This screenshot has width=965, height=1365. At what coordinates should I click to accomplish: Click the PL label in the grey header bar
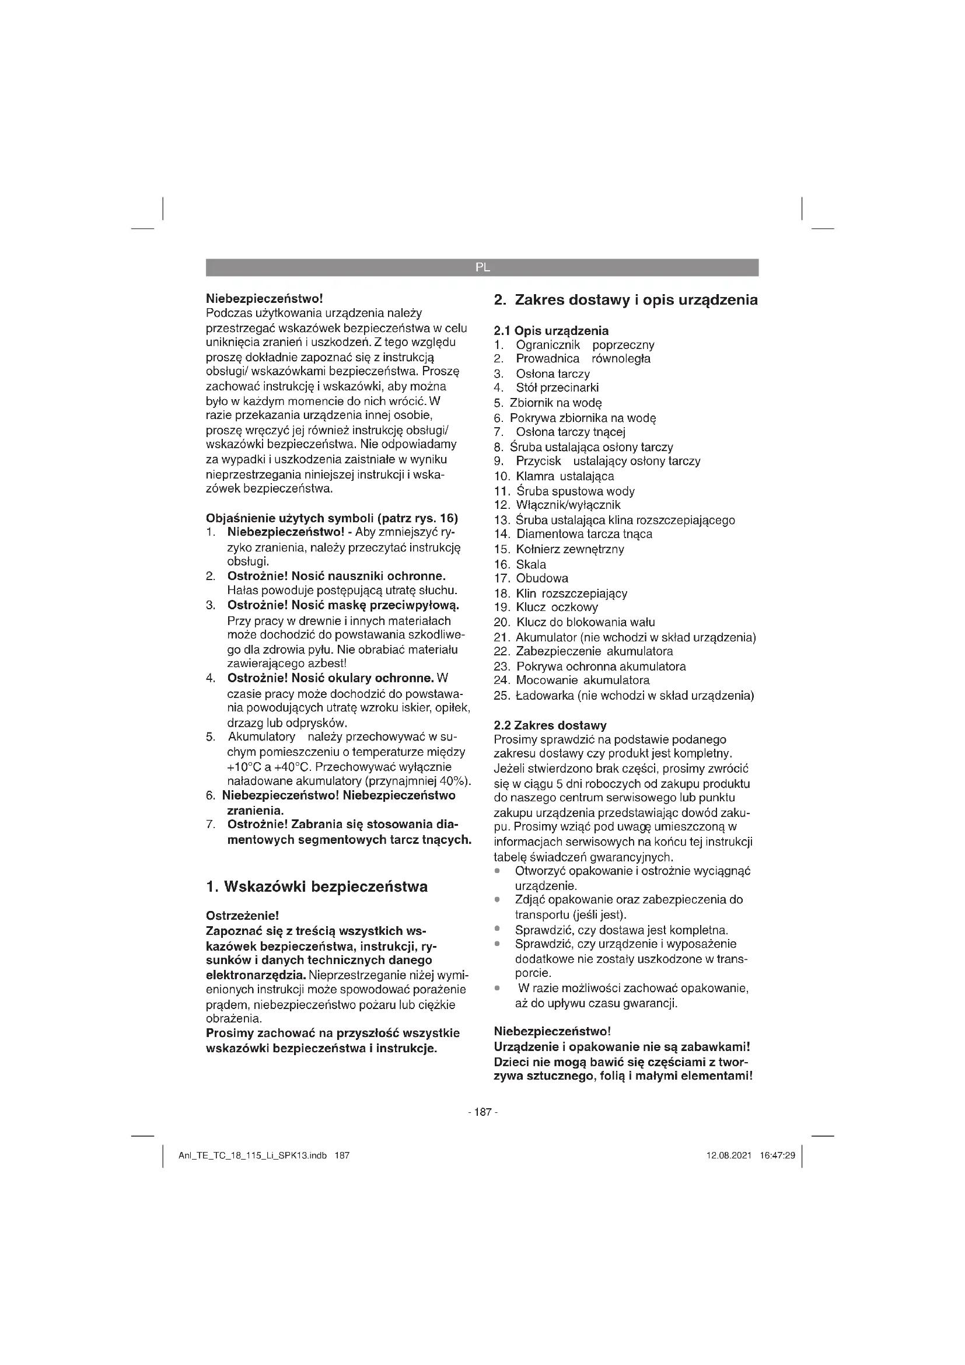click(x=482, y=267)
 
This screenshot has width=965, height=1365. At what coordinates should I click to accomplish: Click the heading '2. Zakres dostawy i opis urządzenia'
click(x=625, y=300)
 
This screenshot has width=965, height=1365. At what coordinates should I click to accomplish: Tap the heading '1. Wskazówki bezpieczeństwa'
click(x=316, y=887)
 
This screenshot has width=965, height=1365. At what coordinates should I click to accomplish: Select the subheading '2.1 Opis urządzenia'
click(x=551, y=330)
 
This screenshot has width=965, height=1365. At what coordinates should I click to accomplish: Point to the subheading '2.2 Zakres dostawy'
click(x=550, y=725)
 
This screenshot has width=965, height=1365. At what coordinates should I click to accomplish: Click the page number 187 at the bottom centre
click(x=482, y=1112)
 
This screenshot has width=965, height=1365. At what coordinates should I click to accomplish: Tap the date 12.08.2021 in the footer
click(x=729, y=1155)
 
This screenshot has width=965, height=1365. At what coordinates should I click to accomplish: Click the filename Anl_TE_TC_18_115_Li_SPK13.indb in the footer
click(x=253, y=1155)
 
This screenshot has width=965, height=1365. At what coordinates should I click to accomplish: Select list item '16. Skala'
click(x=520, y=564)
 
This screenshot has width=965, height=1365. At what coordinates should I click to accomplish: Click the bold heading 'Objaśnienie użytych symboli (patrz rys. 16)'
click(x=331, y=518)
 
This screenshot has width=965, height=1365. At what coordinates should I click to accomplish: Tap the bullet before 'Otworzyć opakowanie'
click(x=497, y=871)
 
